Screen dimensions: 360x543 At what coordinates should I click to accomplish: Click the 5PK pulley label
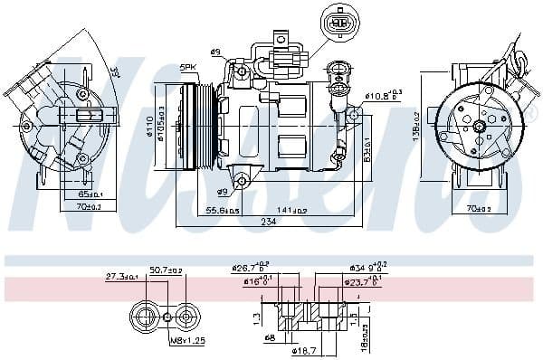coord(187,67)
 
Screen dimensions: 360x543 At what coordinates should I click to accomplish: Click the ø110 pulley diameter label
coord(150,127)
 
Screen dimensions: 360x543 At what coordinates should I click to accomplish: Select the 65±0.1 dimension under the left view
coord(90,193)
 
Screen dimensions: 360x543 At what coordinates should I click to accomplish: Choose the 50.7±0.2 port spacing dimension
coord(166,270)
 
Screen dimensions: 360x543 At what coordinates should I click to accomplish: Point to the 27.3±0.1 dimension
coord(121,277)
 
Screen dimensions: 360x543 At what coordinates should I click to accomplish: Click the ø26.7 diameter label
coord(249,269)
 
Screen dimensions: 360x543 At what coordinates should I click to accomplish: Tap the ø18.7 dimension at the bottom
coord(305,349)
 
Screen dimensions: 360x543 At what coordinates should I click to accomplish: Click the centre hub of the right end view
coord(477,127)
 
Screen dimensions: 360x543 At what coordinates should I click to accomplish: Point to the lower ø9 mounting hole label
coord(223,192)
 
